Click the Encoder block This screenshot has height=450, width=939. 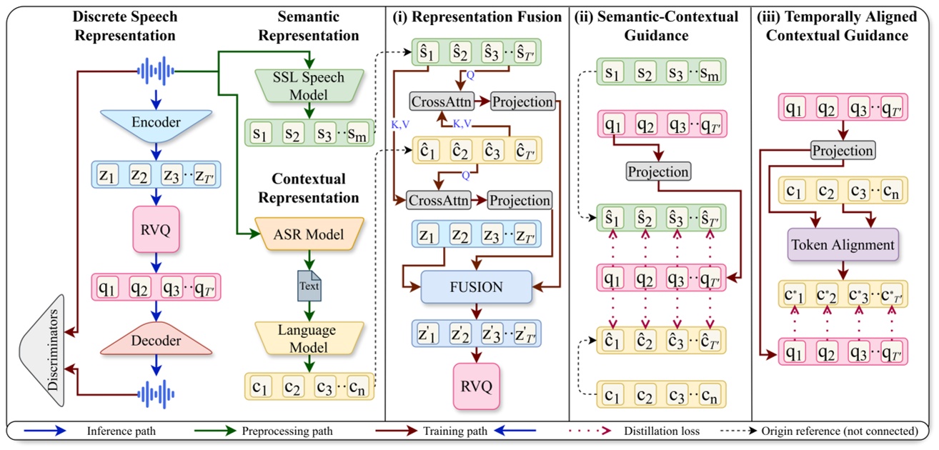pos(155,123)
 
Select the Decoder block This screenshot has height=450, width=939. pos(156,341)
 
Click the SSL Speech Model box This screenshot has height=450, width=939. pos(309,86)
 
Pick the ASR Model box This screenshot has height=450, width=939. pos(309,234)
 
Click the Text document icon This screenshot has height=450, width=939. pos(309,286)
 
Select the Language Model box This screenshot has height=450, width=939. pos(309,339)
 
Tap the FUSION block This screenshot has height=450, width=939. pos(477,287)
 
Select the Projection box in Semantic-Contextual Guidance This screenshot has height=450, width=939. pos(658,172)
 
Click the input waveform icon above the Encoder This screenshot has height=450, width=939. pos(155,71)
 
